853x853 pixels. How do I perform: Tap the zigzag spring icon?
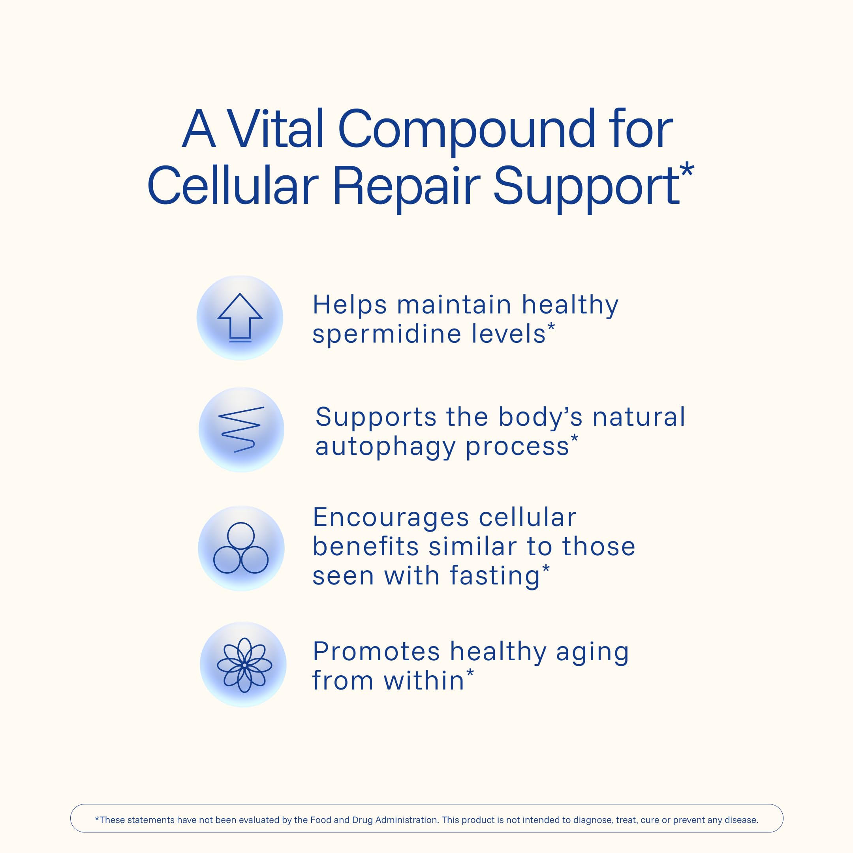[241, 429]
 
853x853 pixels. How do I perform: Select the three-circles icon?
[240, 548]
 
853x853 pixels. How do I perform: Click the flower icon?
[244, 665]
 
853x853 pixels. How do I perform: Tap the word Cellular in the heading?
[233, 186]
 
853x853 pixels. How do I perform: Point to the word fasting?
[495, 577]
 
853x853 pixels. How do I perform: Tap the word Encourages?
[391, 518]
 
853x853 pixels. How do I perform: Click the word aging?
[592, 653]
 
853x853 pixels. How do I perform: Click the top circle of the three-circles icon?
[240, 535]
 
